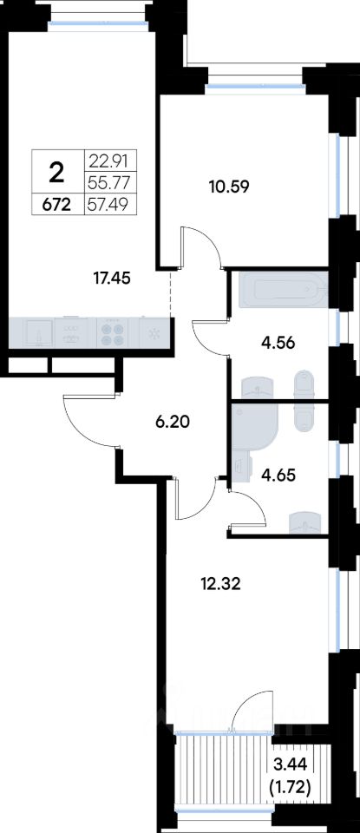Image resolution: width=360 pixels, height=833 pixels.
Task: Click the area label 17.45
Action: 111,278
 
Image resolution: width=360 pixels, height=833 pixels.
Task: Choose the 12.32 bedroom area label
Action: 221,584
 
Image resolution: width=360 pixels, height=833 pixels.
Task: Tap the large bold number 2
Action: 56,172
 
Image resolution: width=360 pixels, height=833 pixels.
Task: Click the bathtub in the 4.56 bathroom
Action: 284,290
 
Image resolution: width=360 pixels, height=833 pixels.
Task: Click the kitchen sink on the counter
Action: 37,333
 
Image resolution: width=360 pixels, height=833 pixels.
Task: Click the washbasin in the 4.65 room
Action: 306,521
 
